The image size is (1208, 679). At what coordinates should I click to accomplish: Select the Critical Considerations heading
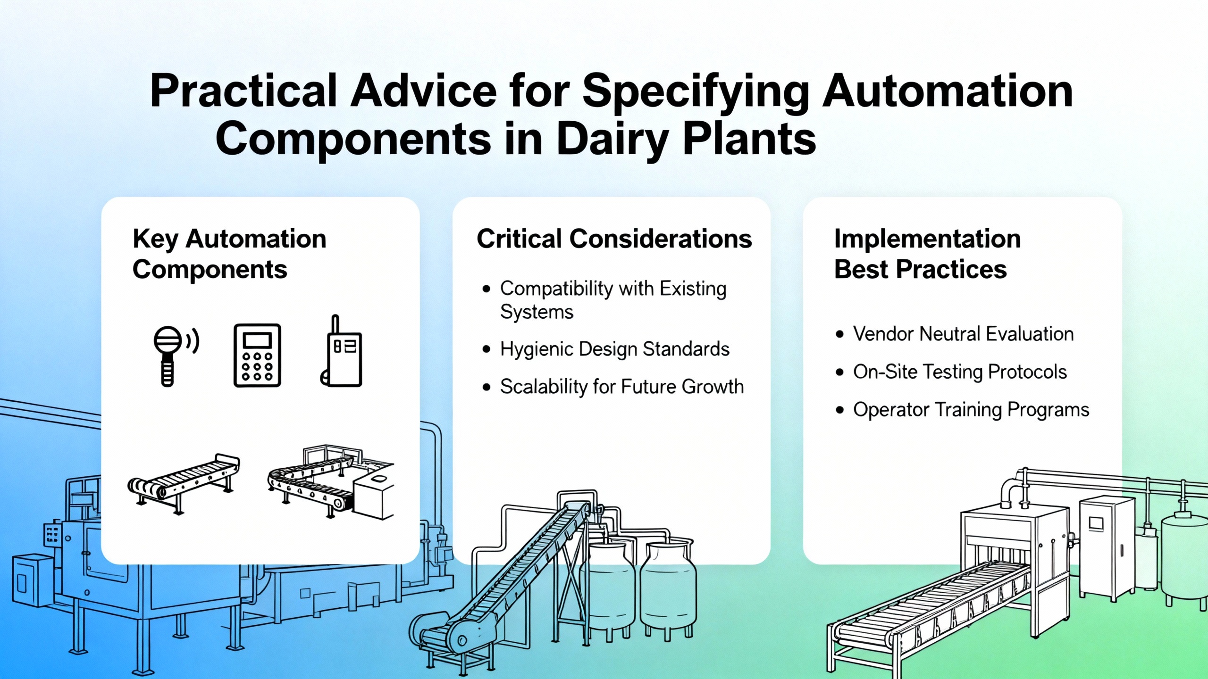point(614,238)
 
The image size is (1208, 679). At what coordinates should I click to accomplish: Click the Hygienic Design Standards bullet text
point(614,349)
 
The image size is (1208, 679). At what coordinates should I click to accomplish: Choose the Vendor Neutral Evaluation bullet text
point(963,334)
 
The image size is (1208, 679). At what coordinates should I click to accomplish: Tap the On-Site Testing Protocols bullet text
point(960,372)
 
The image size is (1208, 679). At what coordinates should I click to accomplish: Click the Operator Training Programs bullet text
point(971,410)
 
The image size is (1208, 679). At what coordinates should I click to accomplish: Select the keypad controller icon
point(257,356)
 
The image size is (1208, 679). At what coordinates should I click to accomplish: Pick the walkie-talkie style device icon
point(341,351)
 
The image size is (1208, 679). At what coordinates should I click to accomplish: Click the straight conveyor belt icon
point(184,483)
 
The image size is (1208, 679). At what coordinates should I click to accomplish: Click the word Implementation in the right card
point(927,238)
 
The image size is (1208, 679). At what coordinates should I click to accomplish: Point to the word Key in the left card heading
point(155,239)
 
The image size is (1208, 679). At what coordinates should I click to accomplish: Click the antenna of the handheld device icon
point(335,324)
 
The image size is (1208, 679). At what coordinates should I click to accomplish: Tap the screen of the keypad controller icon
point(257,339)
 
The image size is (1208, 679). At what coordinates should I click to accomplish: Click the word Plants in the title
point(750,139)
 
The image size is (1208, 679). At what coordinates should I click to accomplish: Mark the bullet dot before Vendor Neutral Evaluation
point(839,334)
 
